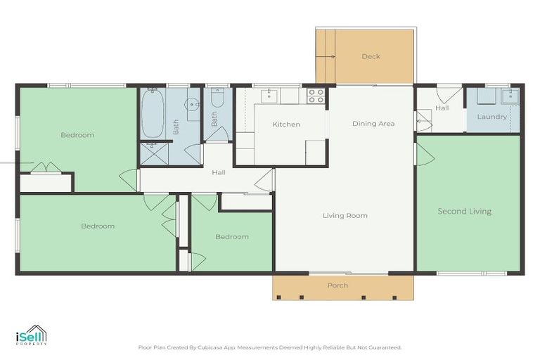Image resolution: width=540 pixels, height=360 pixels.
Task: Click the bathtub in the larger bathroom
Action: click(x=153, y=115)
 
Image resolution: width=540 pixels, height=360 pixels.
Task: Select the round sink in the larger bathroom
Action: click(x=193, y=105)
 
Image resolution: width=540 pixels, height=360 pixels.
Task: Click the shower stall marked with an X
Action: click(x=150, y=153)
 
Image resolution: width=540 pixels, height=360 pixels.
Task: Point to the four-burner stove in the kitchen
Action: click(x=316, y=96)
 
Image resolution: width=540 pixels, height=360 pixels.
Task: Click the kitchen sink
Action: click(x=270, y=96)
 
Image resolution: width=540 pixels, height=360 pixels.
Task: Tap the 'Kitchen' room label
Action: click(x=286, y=124)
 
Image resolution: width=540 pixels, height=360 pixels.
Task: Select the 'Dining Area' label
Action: click(x=373, y=124)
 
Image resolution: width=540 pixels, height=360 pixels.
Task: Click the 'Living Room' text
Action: click(x=345, y=215)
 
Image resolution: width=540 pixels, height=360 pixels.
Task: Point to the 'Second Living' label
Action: click(x=464, y=211)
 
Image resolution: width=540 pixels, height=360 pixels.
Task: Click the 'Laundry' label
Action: click(x=491, y=117)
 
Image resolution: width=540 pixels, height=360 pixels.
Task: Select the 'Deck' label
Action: click(x=371, y=57)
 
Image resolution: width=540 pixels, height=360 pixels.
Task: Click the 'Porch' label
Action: click(x=337, y=285)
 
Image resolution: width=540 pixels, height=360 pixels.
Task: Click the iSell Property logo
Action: click(x=32, y=335)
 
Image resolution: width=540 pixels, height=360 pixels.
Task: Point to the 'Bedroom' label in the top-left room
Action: click(x=77, y=135)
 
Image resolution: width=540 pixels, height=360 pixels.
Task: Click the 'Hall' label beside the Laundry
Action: click(x=442, y=108)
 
